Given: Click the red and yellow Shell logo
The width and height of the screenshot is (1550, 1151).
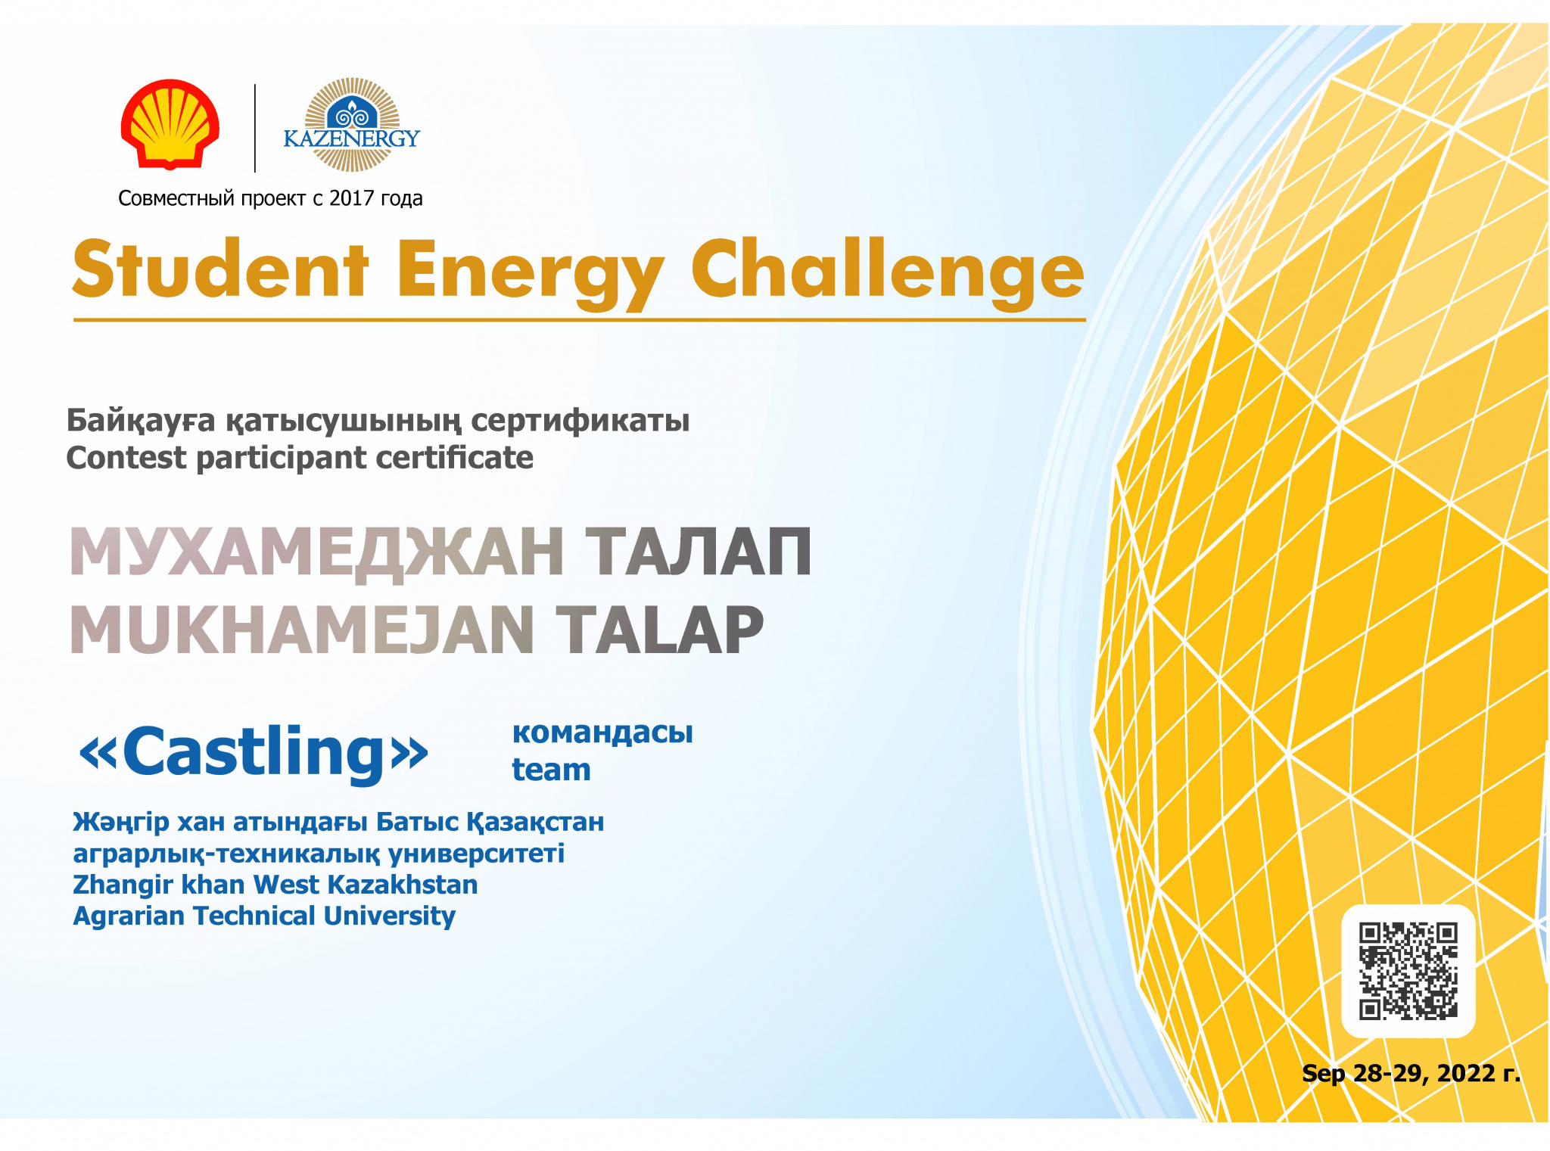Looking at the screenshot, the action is (170, 124).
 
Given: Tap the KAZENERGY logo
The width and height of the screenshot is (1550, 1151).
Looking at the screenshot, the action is (351, 125).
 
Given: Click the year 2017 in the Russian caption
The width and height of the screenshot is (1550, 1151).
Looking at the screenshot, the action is (352, 198).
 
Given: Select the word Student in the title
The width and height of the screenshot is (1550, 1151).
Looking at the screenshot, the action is (220, 269).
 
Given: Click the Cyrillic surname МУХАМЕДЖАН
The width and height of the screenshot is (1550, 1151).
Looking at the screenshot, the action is (316, 552).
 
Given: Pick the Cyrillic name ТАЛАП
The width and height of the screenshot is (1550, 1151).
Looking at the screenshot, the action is (699, 552).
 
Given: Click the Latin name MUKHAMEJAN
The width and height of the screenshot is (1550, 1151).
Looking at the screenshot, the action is (302, 630).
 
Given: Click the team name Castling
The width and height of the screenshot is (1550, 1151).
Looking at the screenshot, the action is (254, 752).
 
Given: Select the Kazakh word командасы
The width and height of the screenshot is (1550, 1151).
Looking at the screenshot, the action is (602, 733).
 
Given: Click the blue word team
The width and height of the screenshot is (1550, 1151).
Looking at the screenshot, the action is (551, 770).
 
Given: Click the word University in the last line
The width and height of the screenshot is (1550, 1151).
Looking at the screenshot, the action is (389, 916).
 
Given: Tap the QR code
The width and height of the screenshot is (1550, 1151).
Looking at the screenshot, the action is (1408, 971).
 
